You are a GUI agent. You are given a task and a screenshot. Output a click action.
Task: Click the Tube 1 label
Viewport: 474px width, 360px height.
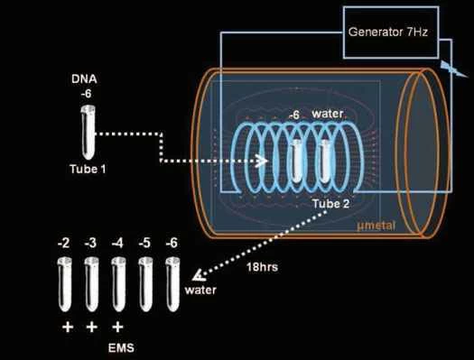pyautogui.click(x=88, y=168)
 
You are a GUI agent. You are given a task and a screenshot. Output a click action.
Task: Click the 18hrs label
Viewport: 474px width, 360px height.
pyautogui.click(x=260, y=267)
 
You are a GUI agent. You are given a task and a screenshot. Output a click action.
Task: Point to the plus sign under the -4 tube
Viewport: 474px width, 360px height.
pyautogui.click(x=118, y=326)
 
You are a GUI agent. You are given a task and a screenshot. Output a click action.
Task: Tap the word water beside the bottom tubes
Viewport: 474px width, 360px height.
pyautogui.click(x=200, y=291)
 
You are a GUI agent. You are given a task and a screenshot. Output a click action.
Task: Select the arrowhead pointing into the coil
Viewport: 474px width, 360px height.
pyautogui.click(x=264, y=163)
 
